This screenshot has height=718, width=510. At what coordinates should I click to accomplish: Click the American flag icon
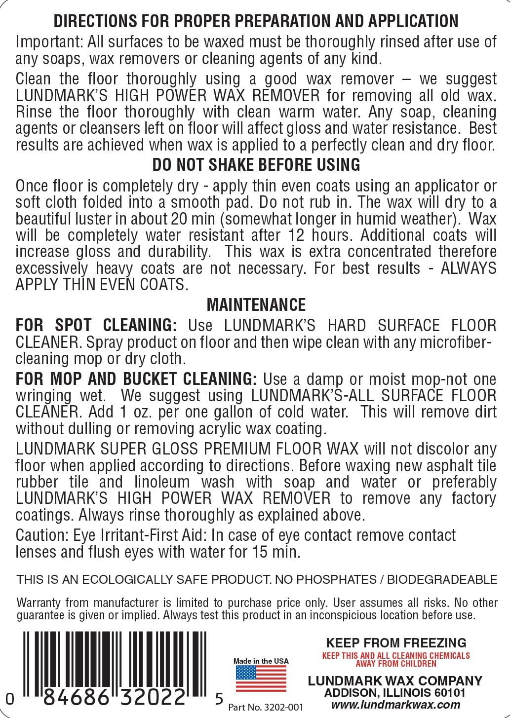point(261,679)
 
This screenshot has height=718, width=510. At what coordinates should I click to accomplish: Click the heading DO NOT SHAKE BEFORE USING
point(256,165)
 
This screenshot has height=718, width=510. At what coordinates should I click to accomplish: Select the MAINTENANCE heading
point(256,304)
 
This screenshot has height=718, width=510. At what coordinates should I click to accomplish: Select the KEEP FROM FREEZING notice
point(396,642)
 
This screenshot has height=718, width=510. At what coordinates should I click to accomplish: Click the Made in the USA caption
point(261,661)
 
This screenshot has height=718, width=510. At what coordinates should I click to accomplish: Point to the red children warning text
point(396,659)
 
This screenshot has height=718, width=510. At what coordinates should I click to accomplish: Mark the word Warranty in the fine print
point(39,603)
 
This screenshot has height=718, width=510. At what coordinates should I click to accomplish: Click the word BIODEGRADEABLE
point(442,579)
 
